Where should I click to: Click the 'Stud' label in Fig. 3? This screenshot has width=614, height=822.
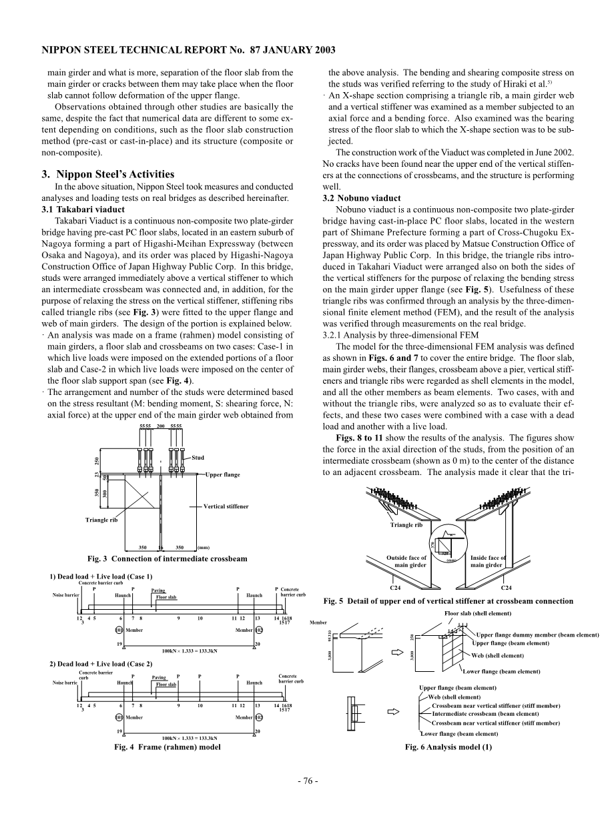click(x=198, y=458)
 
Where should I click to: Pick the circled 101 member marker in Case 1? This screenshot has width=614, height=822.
click(x=119, y=630)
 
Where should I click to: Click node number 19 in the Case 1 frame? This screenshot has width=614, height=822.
click(x=119, y=644)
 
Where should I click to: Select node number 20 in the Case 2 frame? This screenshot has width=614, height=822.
click(x=257, y=732)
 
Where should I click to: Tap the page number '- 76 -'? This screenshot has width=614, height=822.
click(x=307, y=781)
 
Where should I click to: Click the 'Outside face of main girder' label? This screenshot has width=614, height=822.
click(x=406, y=561)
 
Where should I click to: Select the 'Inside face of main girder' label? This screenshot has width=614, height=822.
click(x=489, y=561)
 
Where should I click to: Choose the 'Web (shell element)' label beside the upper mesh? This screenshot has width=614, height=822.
click(x=497, y=655)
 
